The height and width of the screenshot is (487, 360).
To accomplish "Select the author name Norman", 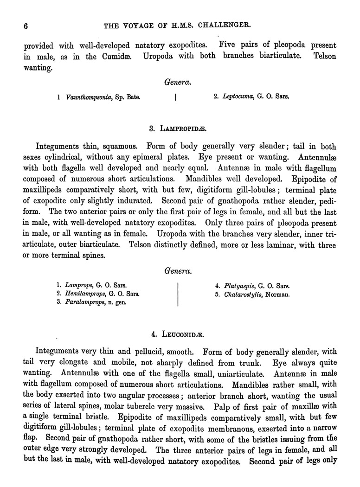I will (277, 294).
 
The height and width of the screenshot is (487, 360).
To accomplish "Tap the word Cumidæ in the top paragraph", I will (119, 57).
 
